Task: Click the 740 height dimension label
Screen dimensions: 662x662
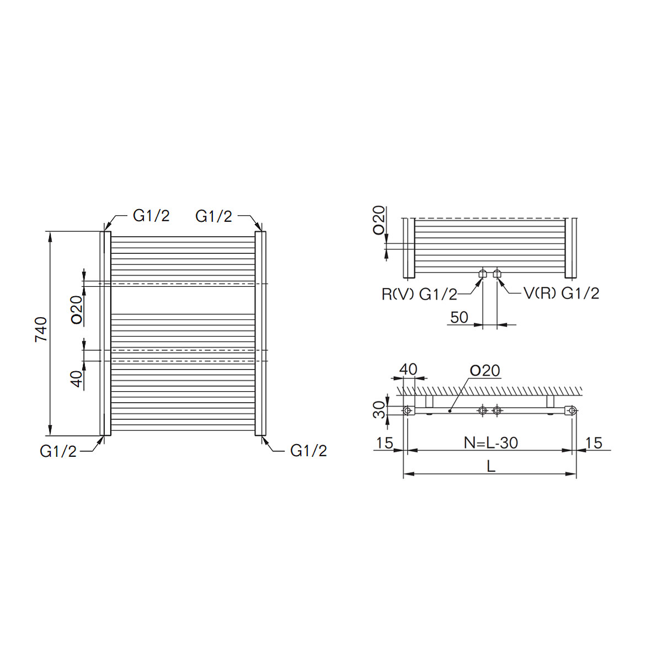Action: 41,329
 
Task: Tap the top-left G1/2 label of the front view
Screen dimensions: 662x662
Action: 151,216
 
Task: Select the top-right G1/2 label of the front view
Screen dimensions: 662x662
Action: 213,216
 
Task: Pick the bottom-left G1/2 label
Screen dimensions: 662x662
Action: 58,451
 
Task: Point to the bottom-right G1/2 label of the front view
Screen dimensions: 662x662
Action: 308,451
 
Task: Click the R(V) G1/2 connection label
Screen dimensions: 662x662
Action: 419,295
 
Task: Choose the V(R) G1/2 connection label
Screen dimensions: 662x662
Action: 562,293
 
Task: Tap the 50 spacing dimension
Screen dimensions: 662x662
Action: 460,317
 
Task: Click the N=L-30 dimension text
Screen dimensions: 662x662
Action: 491,443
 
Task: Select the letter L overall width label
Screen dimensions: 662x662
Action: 492,466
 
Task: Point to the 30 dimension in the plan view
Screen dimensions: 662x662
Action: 379,410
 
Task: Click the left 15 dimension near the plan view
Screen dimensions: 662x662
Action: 385,443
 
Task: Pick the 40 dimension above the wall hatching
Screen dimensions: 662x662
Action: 408,369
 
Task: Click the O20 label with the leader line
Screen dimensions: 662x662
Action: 485,371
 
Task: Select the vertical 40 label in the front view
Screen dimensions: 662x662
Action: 78,379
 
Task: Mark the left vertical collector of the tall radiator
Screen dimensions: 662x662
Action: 105,333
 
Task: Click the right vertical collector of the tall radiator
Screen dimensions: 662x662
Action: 260,333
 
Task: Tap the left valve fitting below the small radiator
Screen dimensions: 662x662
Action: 483,274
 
